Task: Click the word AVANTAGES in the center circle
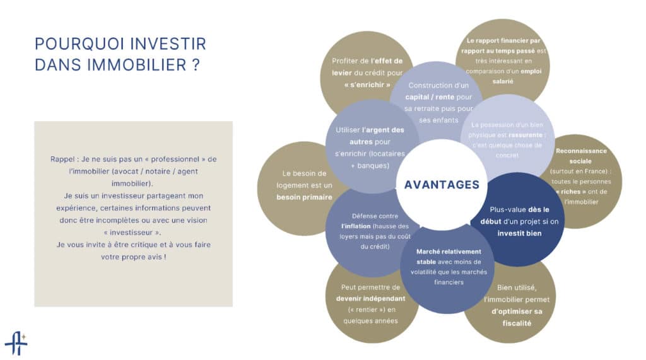pyautogui.click(x=441, y=185)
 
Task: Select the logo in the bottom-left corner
pyautogui.click(x=16, y=343)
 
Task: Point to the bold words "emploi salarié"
pyautogui.click(x=509, y=76)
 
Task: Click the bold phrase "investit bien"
pyautogui.click(x=519, y=233)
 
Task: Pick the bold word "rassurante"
pyautogui.click(x=525, y=135)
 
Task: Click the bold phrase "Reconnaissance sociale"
pyautogui.click(x=581, y=156)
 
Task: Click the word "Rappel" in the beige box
pyautogui.click(x=62, y=160)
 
